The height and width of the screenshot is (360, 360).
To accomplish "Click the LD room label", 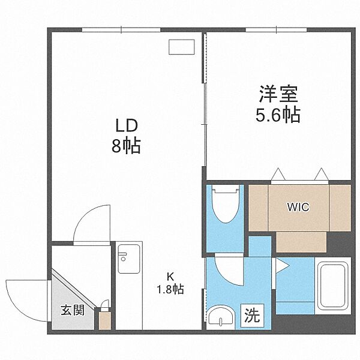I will point(127,125).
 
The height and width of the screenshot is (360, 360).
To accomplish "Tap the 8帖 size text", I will point(127,146).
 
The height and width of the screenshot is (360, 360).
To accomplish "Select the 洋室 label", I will point(278,95).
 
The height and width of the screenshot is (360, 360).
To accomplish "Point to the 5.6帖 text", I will point(278,115).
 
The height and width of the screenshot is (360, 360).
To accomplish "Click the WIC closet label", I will point(297,207).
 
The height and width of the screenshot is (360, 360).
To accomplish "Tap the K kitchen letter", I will point(170,277).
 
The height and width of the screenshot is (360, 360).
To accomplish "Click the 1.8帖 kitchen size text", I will point(170,289).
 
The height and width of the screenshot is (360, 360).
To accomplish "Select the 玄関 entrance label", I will point(71,311).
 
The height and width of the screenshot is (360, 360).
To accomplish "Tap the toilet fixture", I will point(225,207).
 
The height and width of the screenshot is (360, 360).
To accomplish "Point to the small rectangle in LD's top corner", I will point(181,47).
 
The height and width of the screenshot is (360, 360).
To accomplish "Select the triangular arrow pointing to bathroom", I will point(282,266).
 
